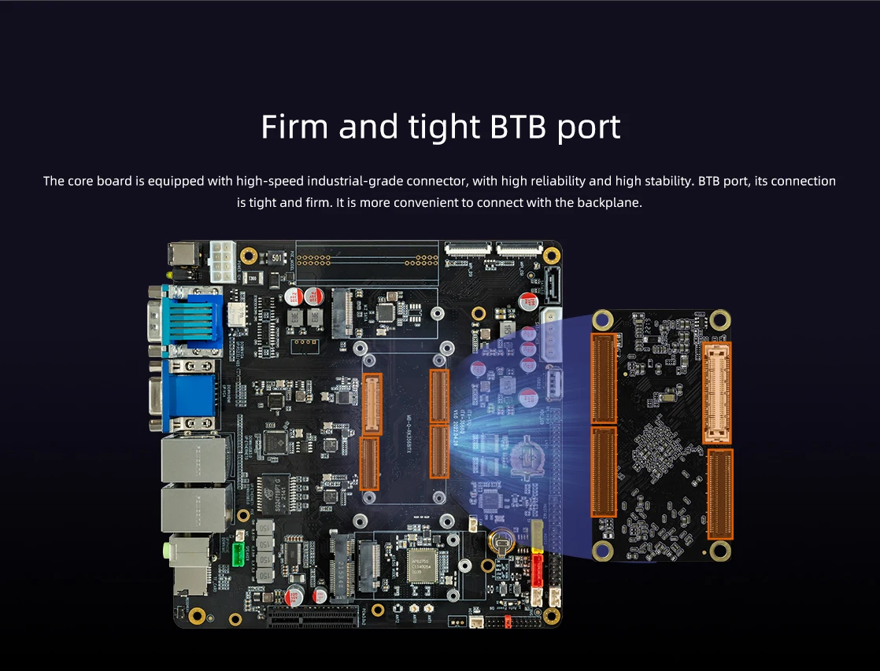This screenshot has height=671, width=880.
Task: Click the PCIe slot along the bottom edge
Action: tap(312, 618)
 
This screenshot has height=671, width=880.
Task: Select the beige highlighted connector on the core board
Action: tap(717, 392)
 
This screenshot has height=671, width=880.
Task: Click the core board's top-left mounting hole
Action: tap(604, 319)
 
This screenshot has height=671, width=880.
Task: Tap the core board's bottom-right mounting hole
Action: tap(719, 551)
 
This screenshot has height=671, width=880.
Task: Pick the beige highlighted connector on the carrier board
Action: tap(371, 402)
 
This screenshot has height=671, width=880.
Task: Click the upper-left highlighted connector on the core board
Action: tap(604, 378)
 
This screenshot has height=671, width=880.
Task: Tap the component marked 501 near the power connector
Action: tap(277, 256)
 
